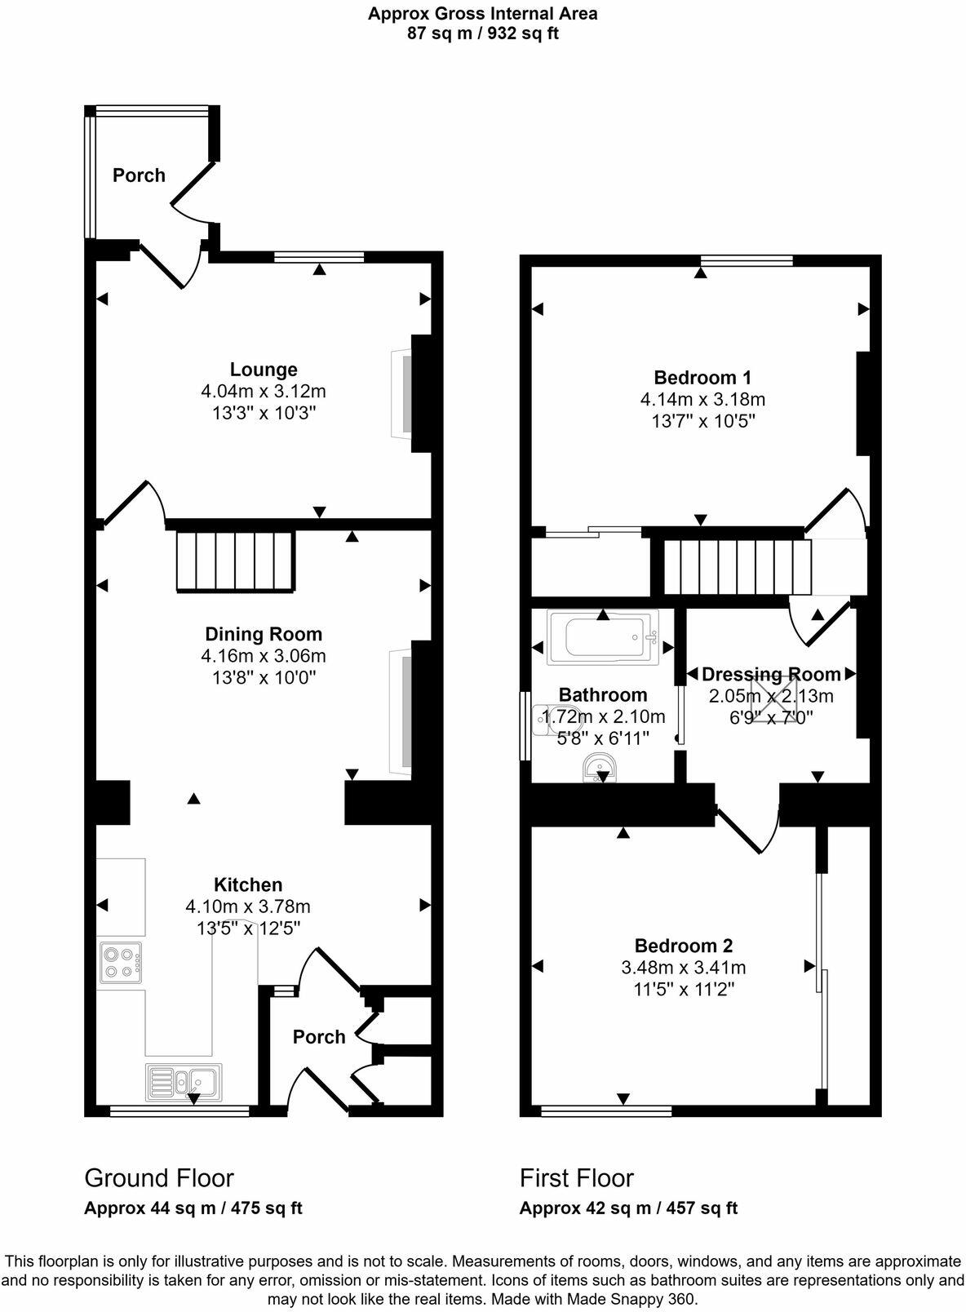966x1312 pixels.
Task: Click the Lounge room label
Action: [x=264, y=370]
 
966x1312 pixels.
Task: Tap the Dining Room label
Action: [x=264, y=634]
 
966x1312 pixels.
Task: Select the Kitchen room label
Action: [x=248, y=884]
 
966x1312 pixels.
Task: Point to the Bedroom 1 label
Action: [x=702, y=378]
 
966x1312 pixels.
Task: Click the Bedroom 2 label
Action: [x=684, y=946]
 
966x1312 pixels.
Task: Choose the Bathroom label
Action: [x=603, y=694]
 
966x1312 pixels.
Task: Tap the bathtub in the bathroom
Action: [x=604, y=637]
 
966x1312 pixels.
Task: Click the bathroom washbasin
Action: [x=600, y=768]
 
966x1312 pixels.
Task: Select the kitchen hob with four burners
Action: [x=121, y=962]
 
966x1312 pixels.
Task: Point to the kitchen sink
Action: [x=184, y=1083]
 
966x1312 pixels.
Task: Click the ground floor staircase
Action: [x=235, y=561]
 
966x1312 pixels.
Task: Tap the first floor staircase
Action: [x=737, y=567]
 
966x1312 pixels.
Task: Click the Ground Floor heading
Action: [x=159, y=1178]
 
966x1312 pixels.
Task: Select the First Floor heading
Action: [x=577, y=1178]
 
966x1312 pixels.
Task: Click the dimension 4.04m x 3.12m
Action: [x=264, y=392]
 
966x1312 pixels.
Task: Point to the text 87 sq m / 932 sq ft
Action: [x=483, y=33]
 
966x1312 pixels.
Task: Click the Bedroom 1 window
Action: [x=747, y=260]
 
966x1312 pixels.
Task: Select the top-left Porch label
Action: [x=139, y=175]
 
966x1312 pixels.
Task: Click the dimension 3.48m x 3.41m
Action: [x=684, y=968]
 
